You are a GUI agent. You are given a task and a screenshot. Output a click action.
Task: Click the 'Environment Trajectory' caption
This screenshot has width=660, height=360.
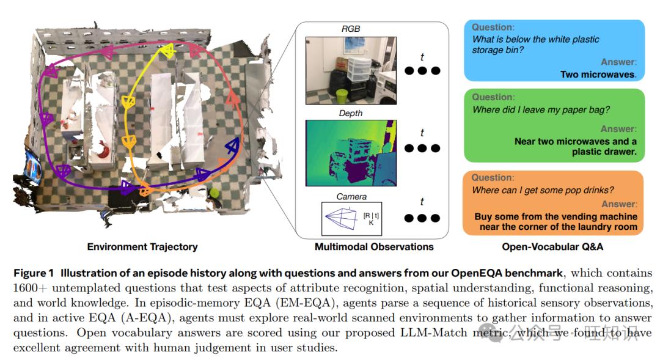coord(142,247)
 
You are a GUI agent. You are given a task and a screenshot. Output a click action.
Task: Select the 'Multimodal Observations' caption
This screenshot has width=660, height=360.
coord(374,247)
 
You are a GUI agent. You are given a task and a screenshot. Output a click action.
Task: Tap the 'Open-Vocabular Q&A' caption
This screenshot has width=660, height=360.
coord(552,247)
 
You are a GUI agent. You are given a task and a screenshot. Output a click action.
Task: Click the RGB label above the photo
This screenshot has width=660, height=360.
coord(351,29)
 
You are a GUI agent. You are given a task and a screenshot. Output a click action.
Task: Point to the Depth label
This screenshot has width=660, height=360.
coord(351,113)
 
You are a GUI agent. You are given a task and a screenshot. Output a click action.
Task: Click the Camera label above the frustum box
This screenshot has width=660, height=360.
coord(351,197)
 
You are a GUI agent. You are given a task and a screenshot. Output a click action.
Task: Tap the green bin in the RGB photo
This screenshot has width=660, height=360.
coord(342,96)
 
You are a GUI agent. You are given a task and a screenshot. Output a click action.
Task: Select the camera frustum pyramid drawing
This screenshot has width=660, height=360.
coord(342,219)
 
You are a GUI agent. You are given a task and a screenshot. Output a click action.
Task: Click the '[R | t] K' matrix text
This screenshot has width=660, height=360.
coord(371,219)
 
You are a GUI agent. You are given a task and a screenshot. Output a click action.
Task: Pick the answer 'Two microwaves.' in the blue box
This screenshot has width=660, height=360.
coord(598,75)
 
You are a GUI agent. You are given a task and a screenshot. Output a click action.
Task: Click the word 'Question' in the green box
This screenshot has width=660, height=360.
coord(493,97)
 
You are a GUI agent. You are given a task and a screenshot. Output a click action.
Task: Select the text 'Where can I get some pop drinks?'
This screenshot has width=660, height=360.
coord(543,190)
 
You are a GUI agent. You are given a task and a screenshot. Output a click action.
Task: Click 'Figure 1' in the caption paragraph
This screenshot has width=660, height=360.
coord(34,273)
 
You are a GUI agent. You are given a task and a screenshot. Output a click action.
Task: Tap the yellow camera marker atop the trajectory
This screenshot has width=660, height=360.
coord(168,51)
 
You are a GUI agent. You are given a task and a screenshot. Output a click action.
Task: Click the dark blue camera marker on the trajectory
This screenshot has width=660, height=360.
coord(232,145)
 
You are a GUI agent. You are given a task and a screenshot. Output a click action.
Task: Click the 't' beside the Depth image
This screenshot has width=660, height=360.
coord(422,133)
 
